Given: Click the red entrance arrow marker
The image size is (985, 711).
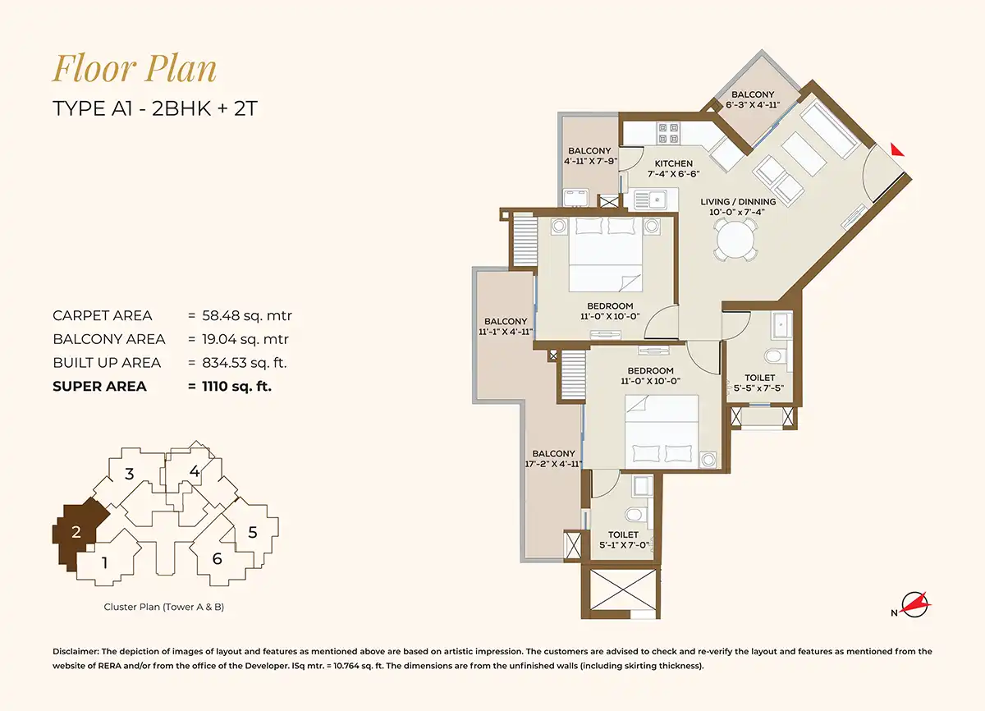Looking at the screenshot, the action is (x=896, y=150).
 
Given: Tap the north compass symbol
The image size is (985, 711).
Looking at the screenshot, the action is (x=914, y=604).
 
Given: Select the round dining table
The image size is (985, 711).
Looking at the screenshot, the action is (x=735, y=241).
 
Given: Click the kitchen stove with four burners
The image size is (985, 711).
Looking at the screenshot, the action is (x=668, y=133).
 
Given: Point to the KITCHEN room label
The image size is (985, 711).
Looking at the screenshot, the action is (x=673, y=163).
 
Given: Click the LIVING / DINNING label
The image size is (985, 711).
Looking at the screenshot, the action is (x=738, y=201).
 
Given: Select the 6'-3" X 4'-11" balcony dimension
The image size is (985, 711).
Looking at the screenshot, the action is (x=753, y=104).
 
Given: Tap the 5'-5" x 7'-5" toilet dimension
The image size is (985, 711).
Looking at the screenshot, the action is (x=758, y=388).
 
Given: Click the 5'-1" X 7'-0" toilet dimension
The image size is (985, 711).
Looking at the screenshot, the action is (x=624, y=545).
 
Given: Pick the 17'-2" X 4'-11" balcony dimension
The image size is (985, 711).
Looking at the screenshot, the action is (x=553, y=463).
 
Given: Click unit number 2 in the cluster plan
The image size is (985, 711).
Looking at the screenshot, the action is (x=76, y=532).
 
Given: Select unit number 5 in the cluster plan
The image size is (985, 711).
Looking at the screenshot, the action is (x=253, y=533).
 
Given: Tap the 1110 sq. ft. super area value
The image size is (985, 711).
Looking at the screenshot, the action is (x=236, y=386).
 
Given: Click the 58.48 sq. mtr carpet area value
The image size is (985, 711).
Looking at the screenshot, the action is (x=247, y=315).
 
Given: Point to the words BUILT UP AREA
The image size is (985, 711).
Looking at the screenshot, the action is (x=107, y=363).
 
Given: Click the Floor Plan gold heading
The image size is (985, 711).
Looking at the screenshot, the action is (x=135, y=69).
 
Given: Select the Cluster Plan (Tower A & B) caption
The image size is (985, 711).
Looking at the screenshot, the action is (x=163, y=607).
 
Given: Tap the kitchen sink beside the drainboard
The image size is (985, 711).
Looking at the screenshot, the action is (x=657, y=200).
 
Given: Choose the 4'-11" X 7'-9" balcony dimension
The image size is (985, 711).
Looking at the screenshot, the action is (x=590, y=161).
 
